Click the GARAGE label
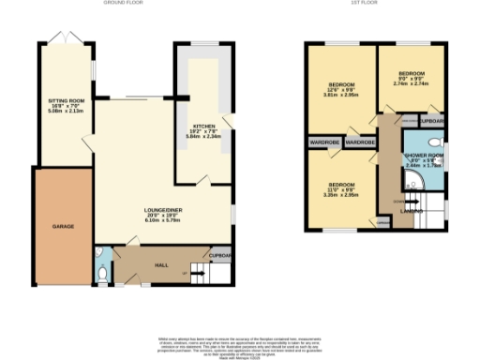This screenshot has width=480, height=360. (x=63, y=226)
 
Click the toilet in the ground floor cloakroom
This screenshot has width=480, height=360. (x=101, y=273)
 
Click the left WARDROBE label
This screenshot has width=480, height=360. (x=322, y=142)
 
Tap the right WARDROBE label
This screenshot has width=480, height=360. (x=360, y=142)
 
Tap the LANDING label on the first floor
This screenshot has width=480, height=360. (x=411, y=211)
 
